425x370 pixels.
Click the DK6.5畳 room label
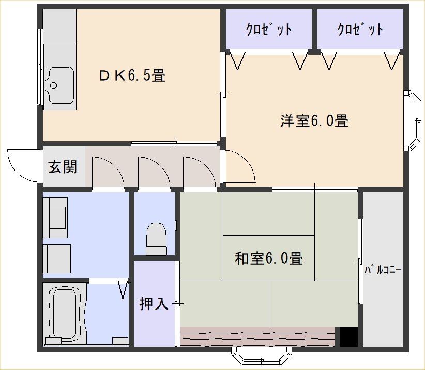pyautogui.click(x=132, y=75)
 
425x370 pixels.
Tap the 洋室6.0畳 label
pyautogui.click(x=314, y=121)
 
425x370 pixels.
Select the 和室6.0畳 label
pyautogui.click(x=269, y=258)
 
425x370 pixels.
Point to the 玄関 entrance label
pyautogui.click(x=63, y=167)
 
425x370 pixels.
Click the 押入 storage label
pyautogui.click(x=154, y=303)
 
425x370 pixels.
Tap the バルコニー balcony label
pyautogui.click(x=383, y=270)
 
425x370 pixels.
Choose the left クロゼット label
pyautogui.click(x=269, y=29)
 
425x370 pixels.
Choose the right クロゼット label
pyautogui.click(x=360, y=29)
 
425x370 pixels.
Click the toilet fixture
pyautogui.click(x=156, y=239)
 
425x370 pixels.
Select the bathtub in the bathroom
pyautogui.click(x=65, y=314)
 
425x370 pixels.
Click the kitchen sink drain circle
pyautogui.click(x=53, y=85)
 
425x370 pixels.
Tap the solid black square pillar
pyautogui.click(x=349, y=336)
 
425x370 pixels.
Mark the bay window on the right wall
pyautogui.click(x=413, y=121)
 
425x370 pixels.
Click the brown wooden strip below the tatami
pyautogui.click(x=257, y=336)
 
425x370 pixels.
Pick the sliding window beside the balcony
pyautogui.click(x=360, y=261)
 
